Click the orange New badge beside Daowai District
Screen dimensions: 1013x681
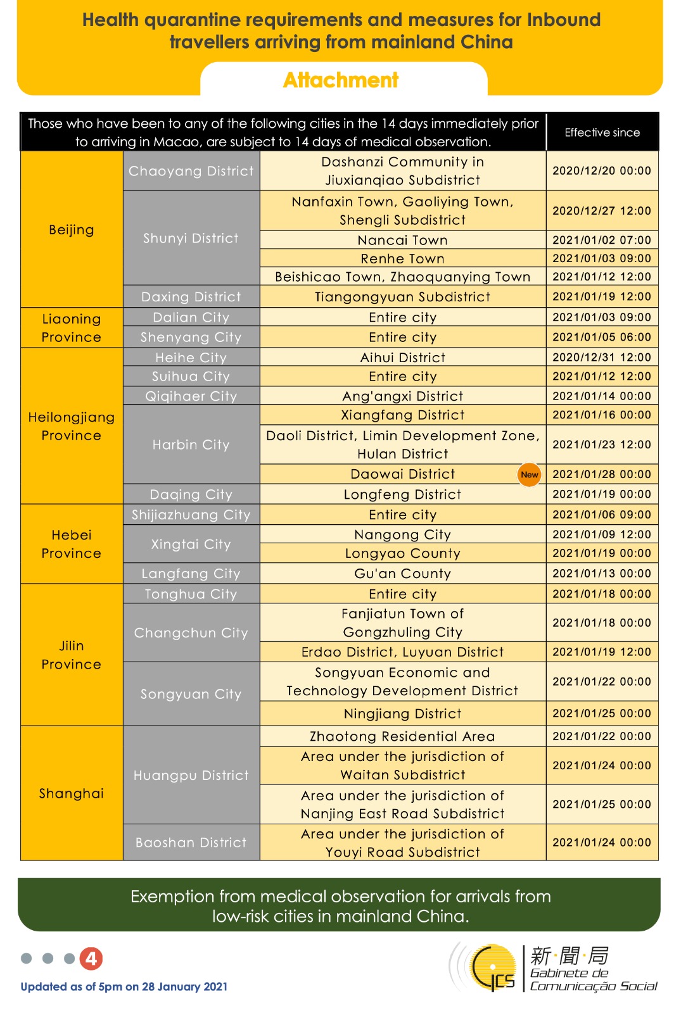click(529, 474)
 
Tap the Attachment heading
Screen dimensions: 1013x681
click(341, 80)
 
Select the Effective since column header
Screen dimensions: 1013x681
click(602, 132)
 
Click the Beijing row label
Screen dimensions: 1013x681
click(72, 230)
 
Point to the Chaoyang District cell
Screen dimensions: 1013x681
click(191, 171)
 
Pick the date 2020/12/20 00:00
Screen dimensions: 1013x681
click(601, 171)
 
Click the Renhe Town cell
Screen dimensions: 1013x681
click(402, 258)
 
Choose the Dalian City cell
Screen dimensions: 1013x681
click(191, 317)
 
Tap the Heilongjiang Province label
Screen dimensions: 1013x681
click(72, 426)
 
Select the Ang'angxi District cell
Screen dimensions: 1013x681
click(402, 396)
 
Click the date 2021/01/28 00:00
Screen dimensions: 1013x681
click(601, 474)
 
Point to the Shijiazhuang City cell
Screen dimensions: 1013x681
click(191, 515)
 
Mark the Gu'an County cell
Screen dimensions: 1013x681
click(402, 574)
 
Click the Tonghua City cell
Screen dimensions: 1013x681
click(191, 594)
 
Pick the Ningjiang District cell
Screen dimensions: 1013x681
click(402, 714)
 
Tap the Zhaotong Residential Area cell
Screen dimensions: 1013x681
click(402, 736)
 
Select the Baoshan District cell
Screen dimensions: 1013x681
click(191, 843)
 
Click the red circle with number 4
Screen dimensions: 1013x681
click(91, 959)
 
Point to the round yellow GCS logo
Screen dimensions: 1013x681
click(493, 967)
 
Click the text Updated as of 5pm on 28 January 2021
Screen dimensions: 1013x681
click(124, 986)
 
